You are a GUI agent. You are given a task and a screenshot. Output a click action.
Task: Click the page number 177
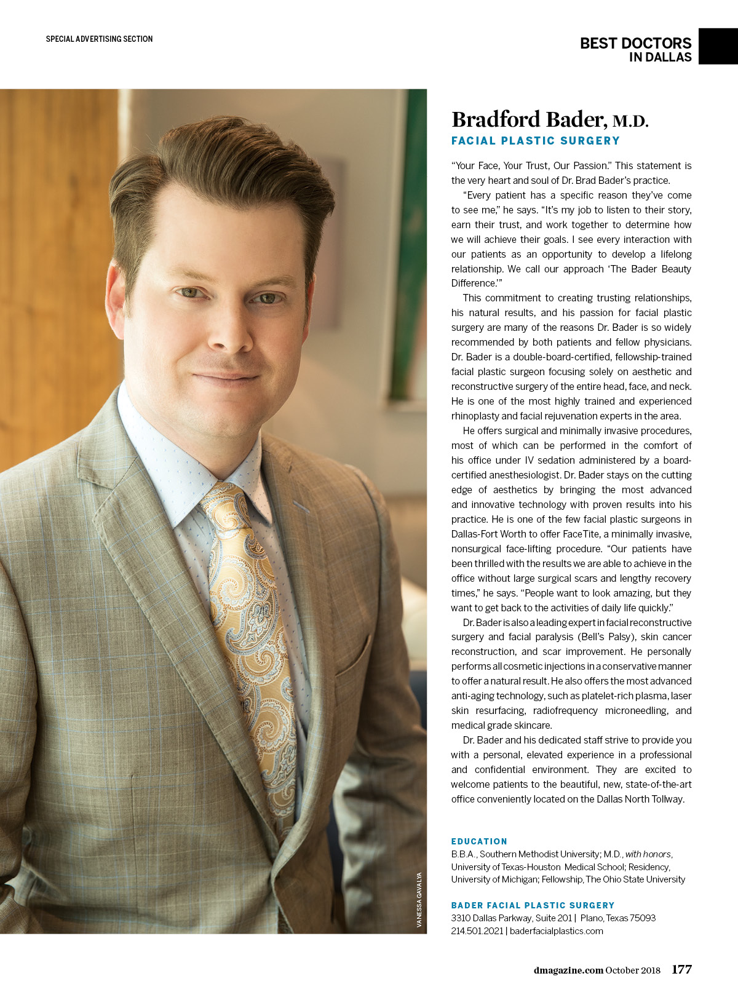tap(681, 970)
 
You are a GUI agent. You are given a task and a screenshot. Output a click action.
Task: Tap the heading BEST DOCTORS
tap(635, 43)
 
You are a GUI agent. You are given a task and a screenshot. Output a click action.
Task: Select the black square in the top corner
tap(718, 46)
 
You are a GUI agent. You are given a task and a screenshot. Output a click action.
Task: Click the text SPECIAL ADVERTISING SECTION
tap(99, 39)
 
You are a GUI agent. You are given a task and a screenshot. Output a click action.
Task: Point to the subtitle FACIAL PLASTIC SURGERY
tap(535, 141)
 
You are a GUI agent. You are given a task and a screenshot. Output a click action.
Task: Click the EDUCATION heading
tap(479, 841)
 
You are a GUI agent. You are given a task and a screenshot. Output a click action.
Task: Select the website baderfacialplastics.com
tap(556, 931)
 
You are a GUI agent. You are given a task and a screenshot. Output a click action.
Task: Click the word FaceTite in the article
tap(581, 534)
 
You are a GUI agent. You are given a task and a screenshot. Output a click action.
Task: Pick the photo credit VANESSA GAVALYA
tap(419, 900)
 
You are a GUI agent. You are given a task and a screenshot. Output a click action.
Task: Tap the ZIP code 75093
tap(642, 918)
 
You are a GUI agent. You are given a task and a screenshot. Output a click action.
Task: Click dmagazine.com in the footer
tap(568, 970)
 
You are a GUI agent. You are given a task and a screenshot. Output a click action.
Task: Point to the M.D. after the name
tap(630, 121)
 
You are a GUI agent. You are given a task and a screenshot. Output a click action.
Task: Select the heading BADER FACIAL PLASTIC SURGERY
tap(533, 905)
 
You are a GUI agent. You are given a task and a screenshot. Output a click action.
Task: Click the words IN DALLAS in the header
tap(660, 57)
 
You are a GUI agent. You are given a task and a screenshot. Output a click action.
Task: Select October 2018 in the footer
tap(633, 970)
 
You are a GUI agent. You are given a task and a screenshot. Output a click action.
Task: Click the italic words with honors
tap(648, 854)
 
